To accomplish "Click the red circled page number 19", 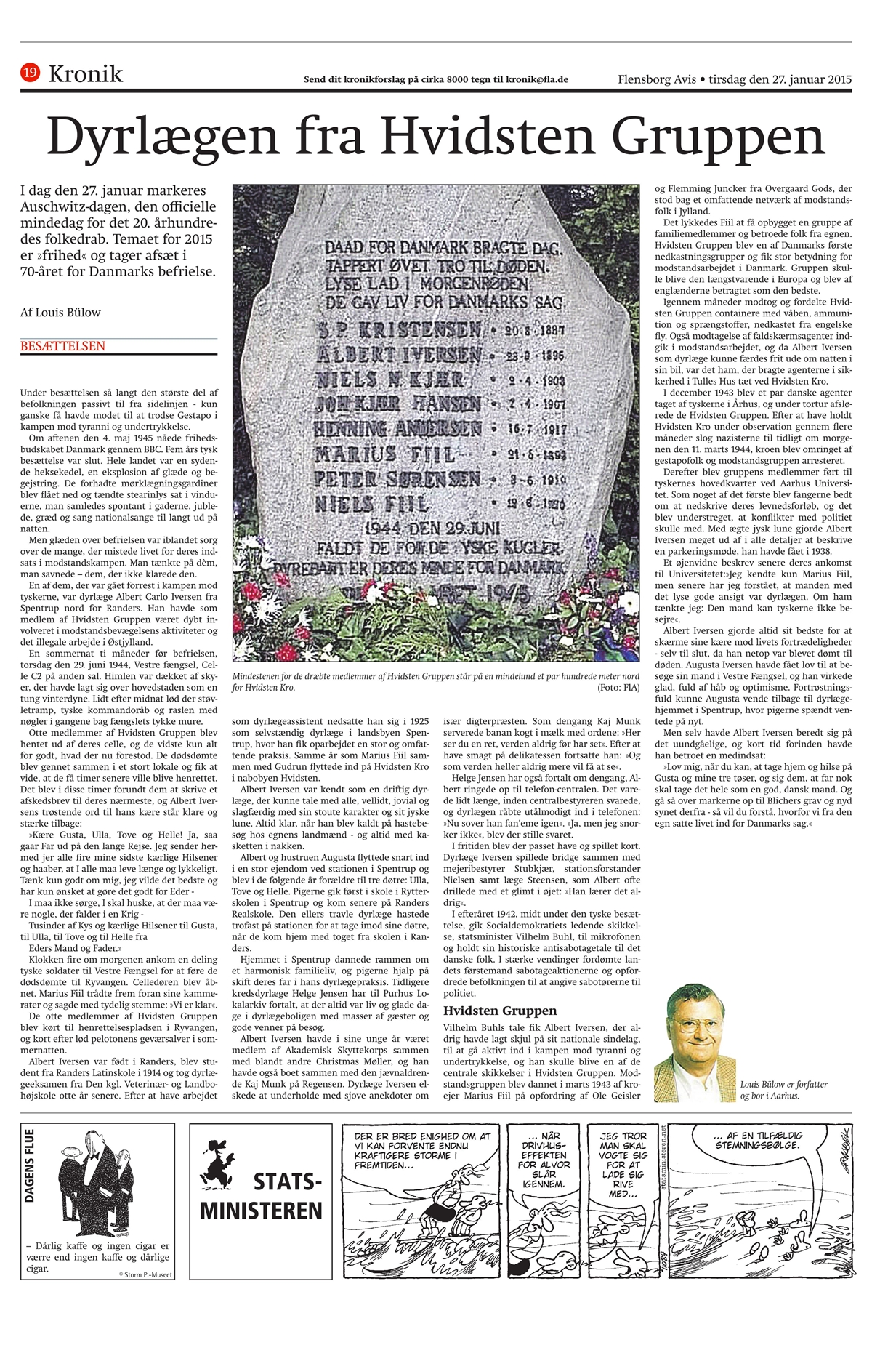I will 31,72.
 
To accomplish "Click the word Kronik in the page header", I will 86,73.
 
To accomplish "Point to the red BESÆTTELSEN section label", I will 62,346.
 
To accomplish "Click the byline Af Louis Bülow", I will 61,313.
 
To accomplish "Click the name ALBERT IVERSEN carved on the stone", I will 398,355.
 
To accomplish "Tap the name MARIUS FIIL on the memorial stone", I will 384,455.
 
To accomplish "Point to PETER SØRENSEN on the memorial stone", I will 397,480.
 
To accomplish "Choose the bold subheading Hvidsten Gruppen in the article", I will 500,1011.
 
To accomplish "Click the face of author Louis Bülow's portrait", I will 691,1022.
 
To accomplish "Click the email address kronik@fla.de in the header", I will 537,80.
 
